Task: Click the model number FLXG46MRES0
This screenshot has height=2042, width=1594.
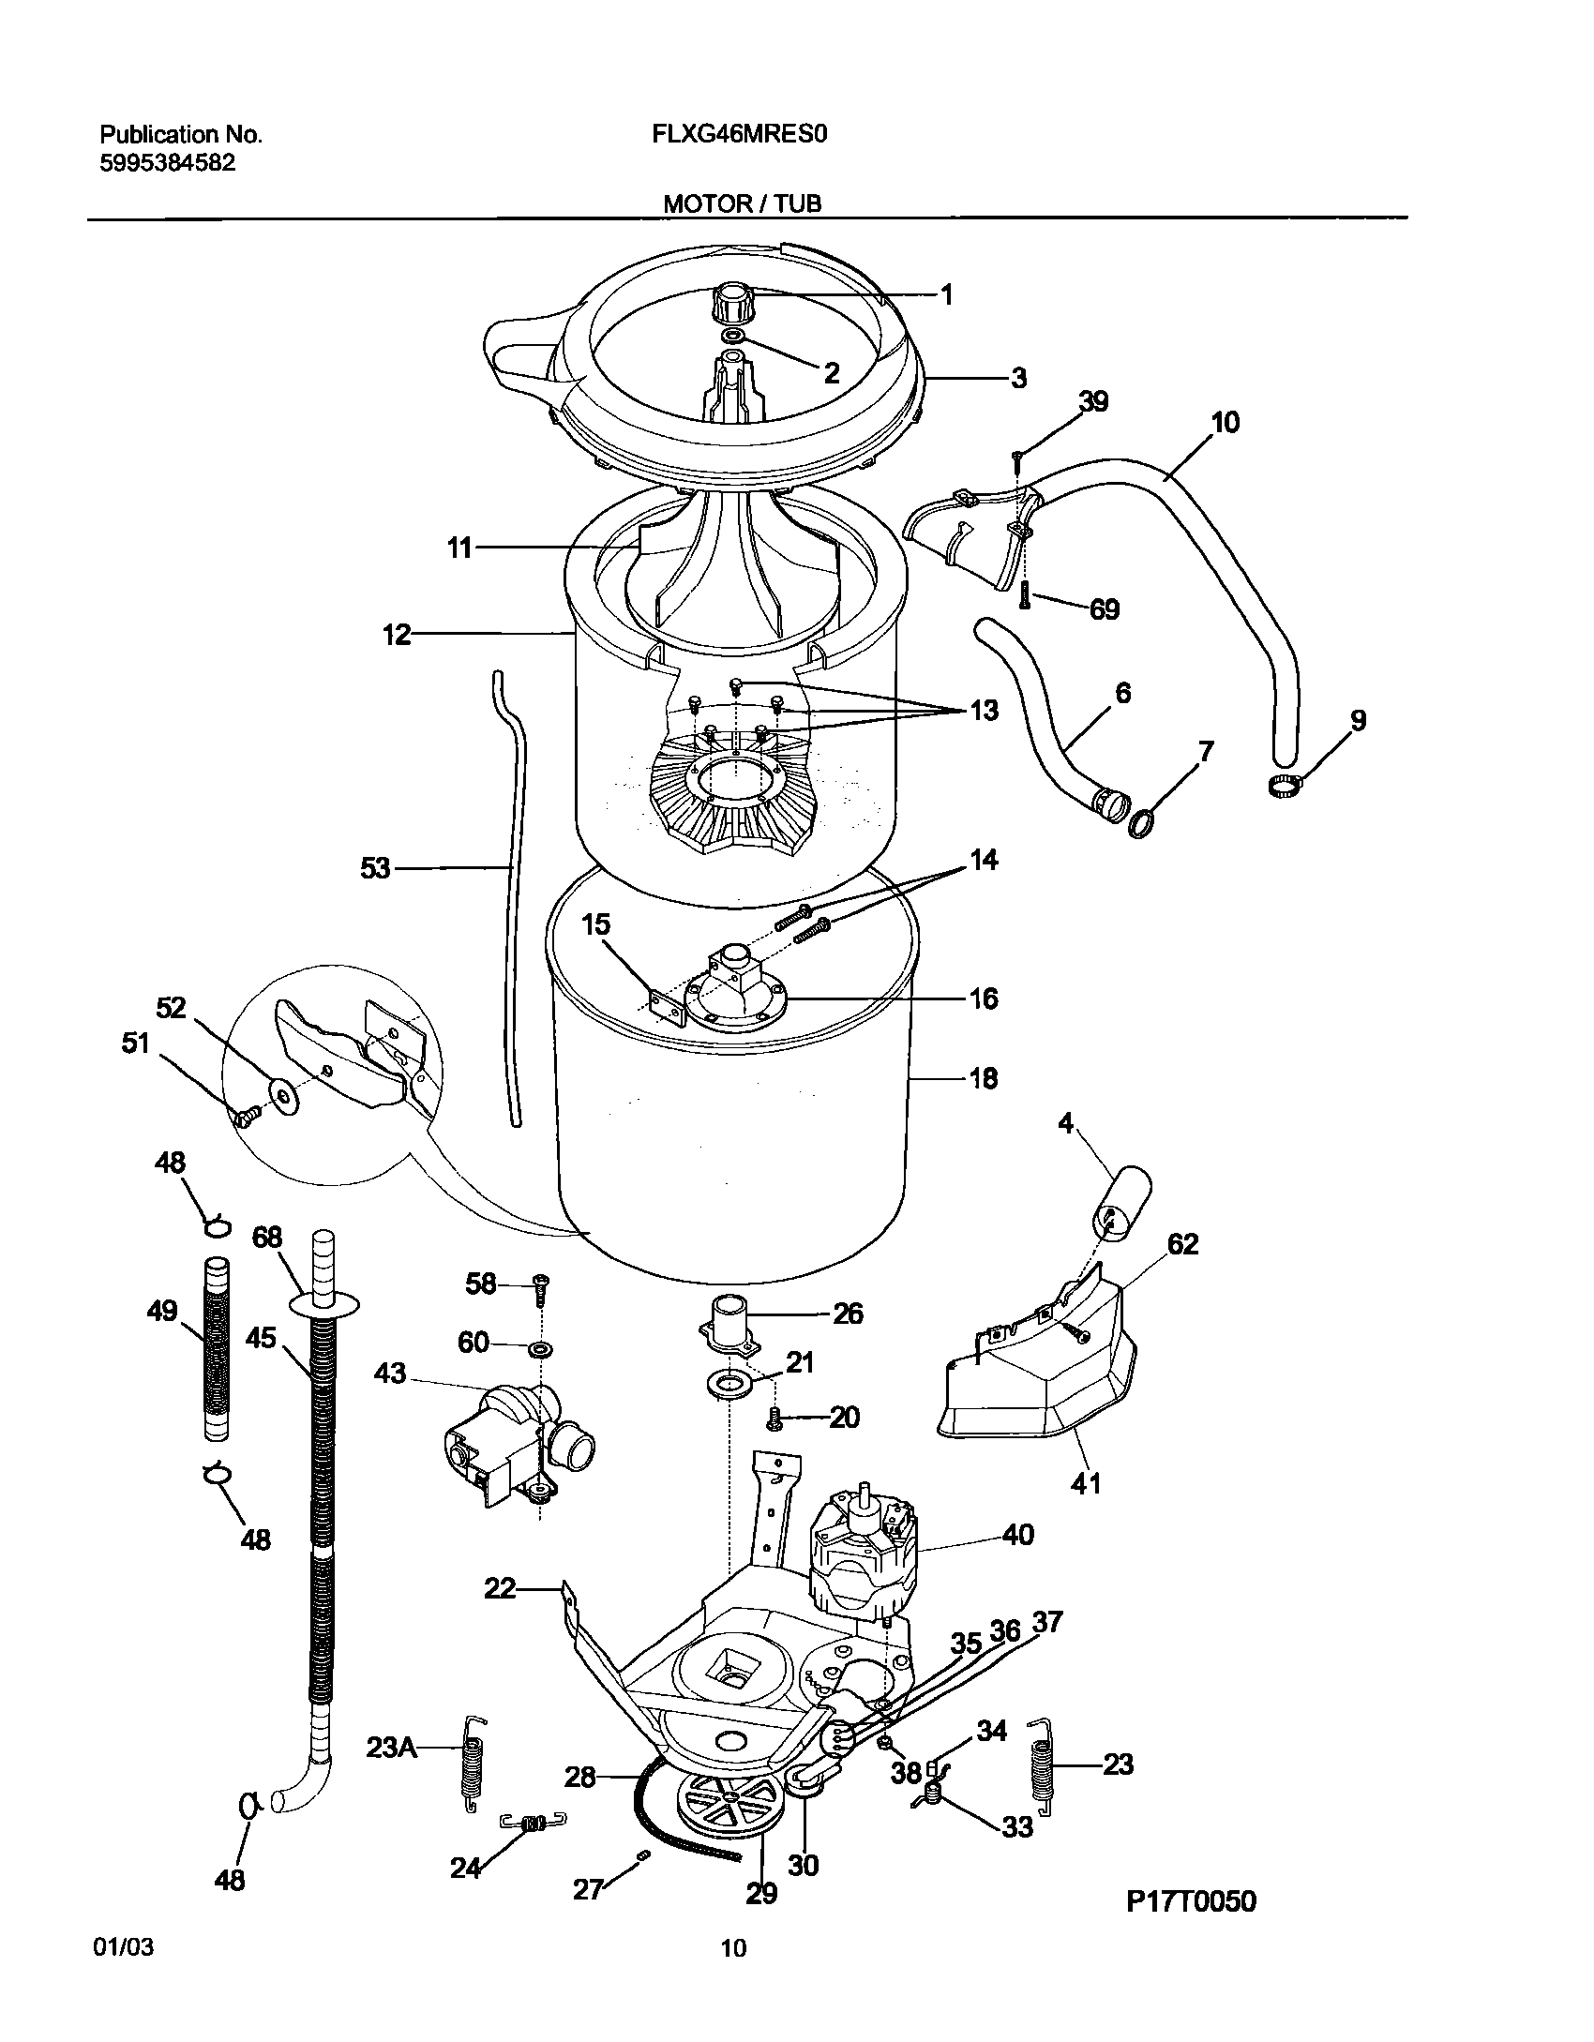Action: (739, 134)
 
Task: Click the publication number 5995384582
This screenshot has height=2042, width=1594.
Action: (167, 163)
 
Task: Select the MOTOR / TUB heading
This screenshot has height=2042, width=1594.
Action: (742, 203)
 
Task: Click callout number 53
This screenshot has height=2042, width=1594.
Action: (375, 869)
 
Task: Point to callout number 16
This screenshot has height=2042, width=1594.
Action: (983, 998)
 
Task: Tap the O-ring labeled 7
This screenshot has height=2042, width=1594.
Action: (1140, 823)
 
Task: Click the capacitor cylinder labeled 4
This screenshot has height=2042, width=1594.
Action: (1122, 1204)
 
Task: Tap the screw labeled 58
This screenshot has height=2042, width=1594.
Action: (542, 1289)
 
